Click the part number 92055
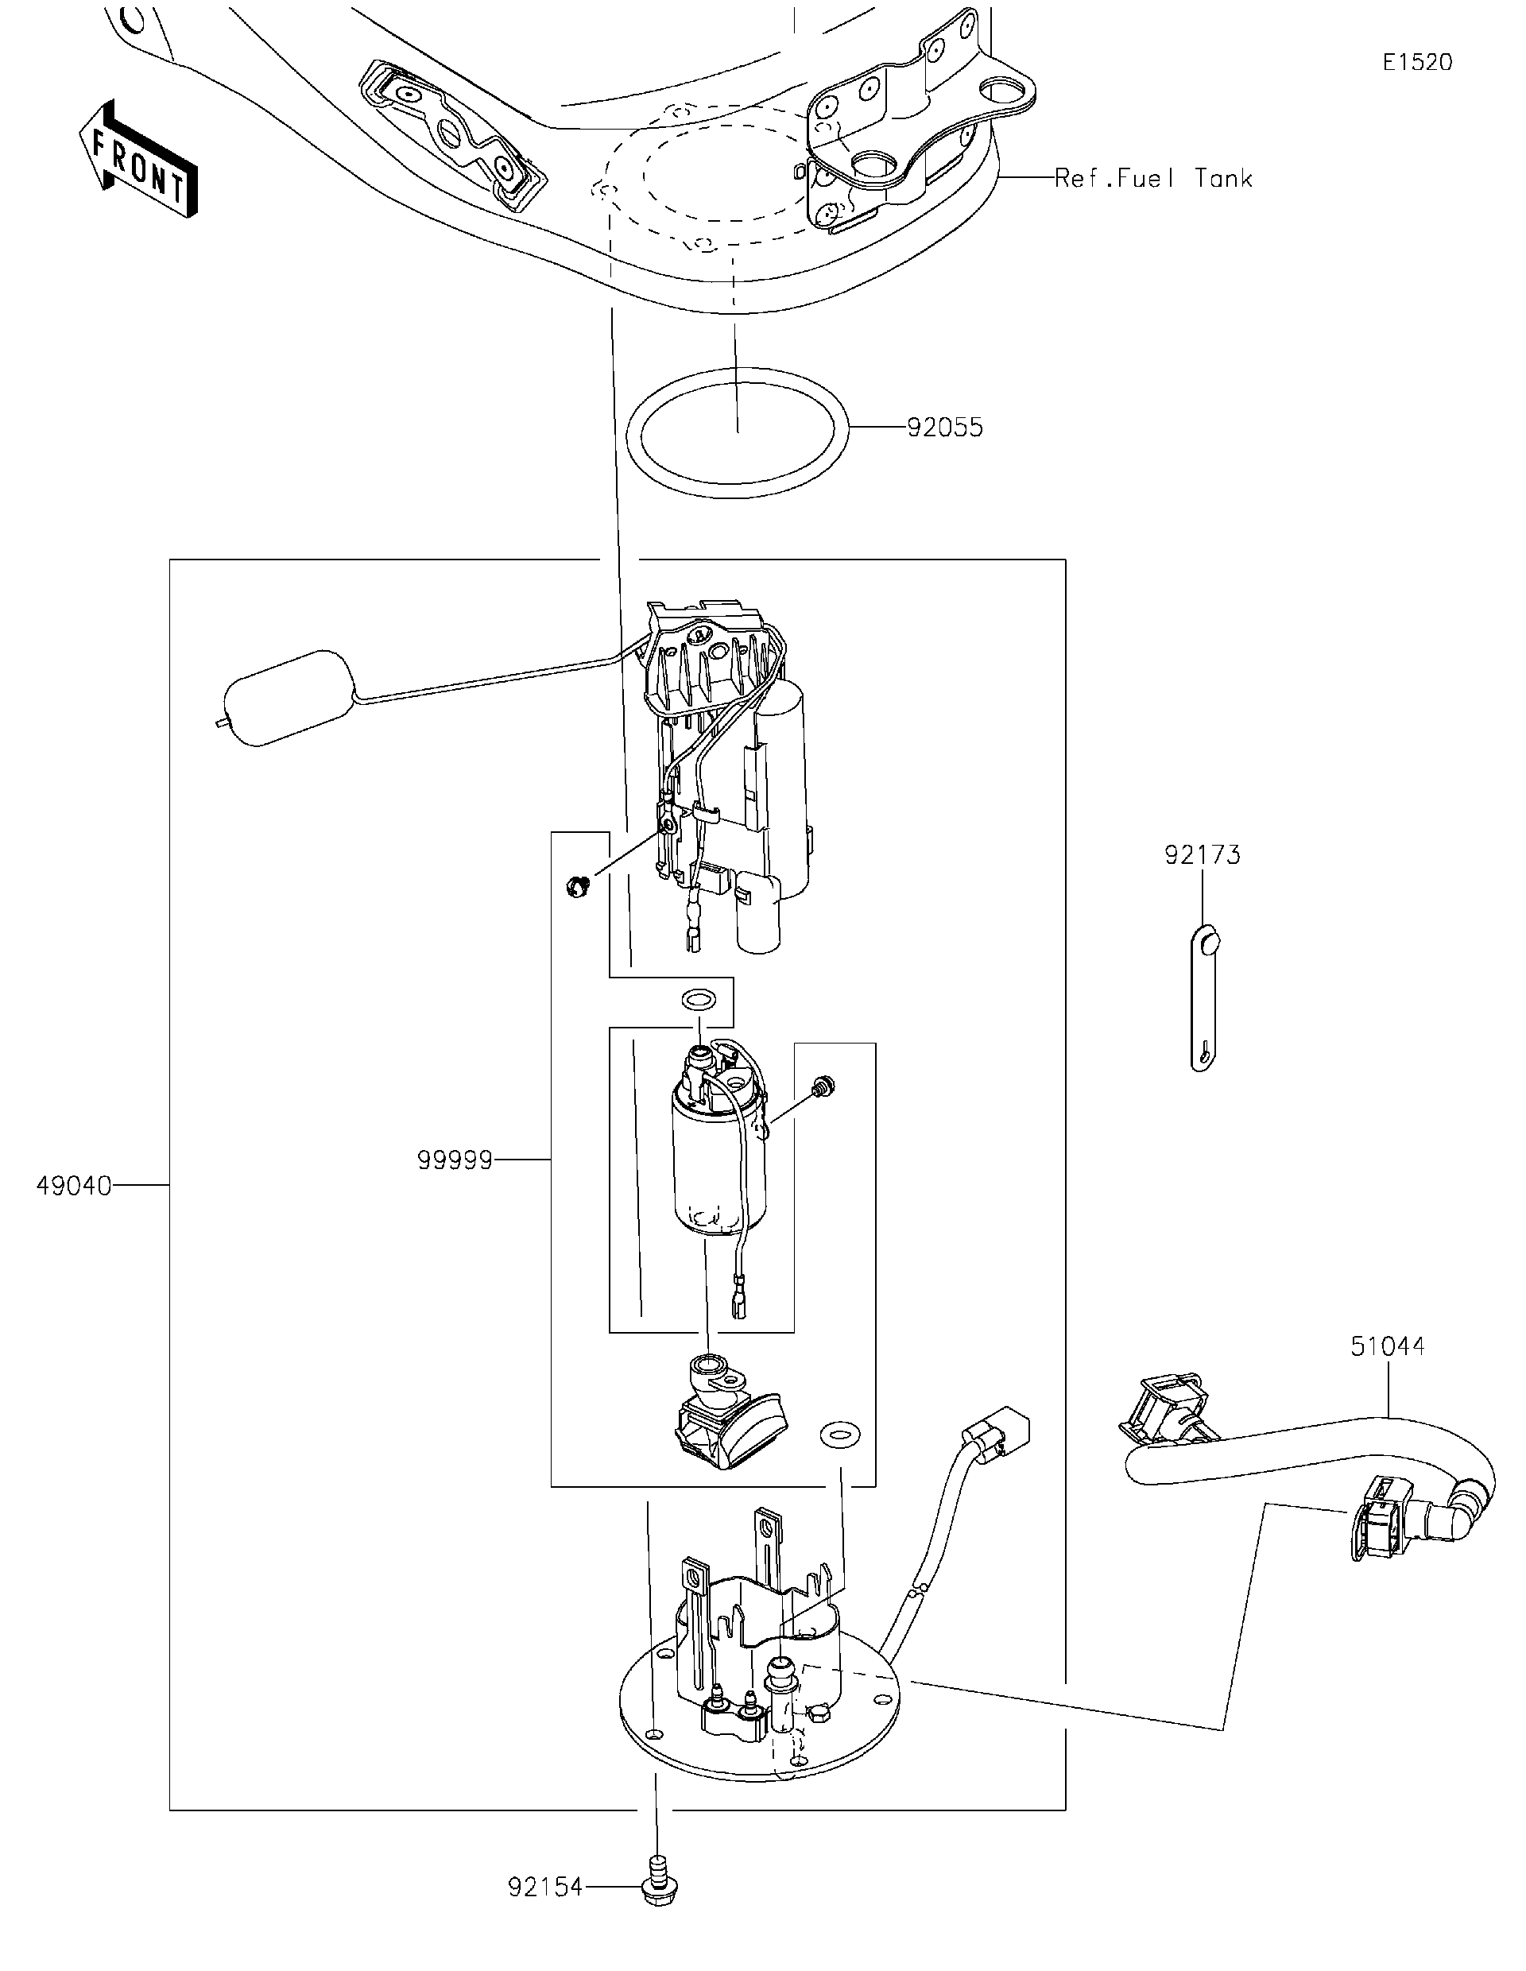coord(944,427)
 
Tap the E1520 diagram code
coord(1417,62)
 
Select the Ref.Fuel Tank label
coord(1153,179)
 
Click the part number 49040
coord(74,1185)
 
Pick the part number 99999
coord(455,1160)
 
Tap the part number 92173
coord(1202,854)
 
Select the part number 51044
coord(1387,1371)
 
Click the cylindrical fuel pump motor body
coord(718,1164)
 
